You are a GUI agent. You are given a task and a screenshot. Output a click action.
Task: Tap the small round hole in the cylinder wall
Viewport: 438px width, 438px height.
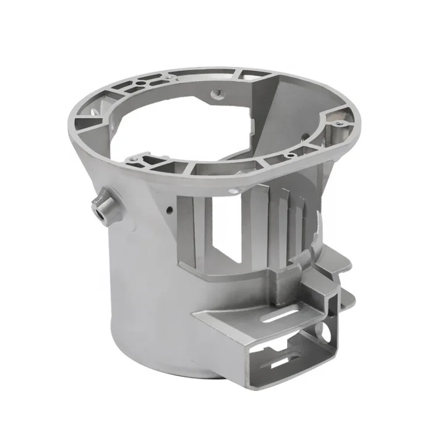click(168, 210)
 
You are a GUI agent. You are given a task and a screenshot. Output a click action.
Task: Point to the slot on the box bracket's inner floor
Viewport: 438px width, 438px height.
click(286, 361)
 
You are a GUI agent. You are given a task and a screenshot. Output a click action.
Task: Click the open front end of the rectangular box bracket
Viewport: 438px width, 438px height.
click(297, 353)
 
